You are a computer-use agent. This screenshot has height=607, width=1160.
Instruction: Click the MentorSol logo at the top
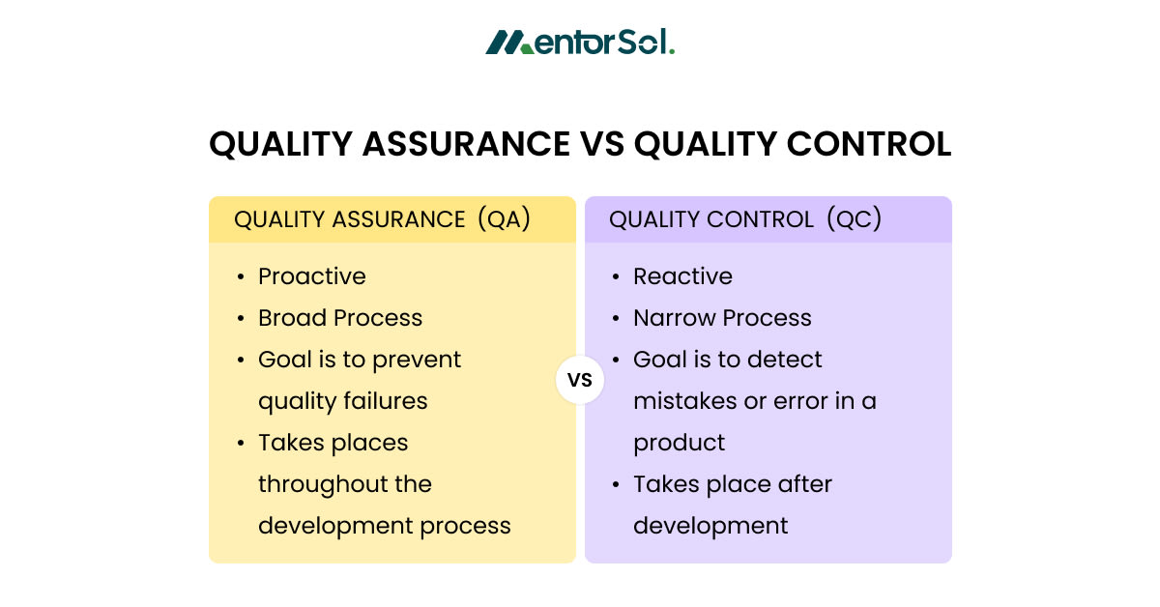coord(580,42)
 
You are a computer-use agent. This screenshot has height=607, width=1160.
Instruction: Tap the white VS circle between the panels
coord(580,380)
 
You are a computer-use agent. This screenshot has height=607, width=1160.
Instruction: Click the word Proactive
coord(312,276)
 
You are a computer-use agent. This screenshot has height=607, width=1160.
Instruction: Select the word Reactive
coord(683,276)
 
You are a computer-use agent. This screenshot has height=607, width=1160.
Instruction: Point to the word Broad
coord(292,318)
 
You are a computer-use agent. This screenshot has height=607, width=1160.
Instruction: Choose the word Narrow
coord(675,318)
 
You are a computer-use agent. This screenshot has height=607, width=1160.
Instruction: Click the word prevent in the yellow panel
coord(417,361)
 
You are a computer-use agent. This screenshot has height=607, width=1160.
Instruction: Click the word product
coord(679,444)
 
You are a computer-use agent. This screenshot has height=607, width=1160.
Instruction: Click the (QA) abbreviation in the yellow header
coord(504,218)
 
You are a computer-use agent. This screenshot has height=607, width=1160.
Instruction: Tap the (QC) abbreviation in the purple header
coord(854,218)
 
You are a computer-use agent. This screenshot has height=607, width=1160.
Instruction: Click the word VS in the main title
coord(602,144)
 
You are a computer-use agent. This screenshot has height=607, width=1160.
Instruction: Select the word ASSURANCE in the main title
coord(466,144)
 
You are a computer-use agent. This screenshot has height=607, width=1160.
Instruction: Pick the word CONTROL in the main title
coord(869,144)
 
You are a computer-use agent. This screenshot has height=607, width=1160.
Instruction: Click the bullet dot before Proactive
coord(241,277)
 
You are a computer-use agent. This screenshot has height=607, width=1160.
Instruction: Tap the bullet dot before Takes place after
coord(615,485)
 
